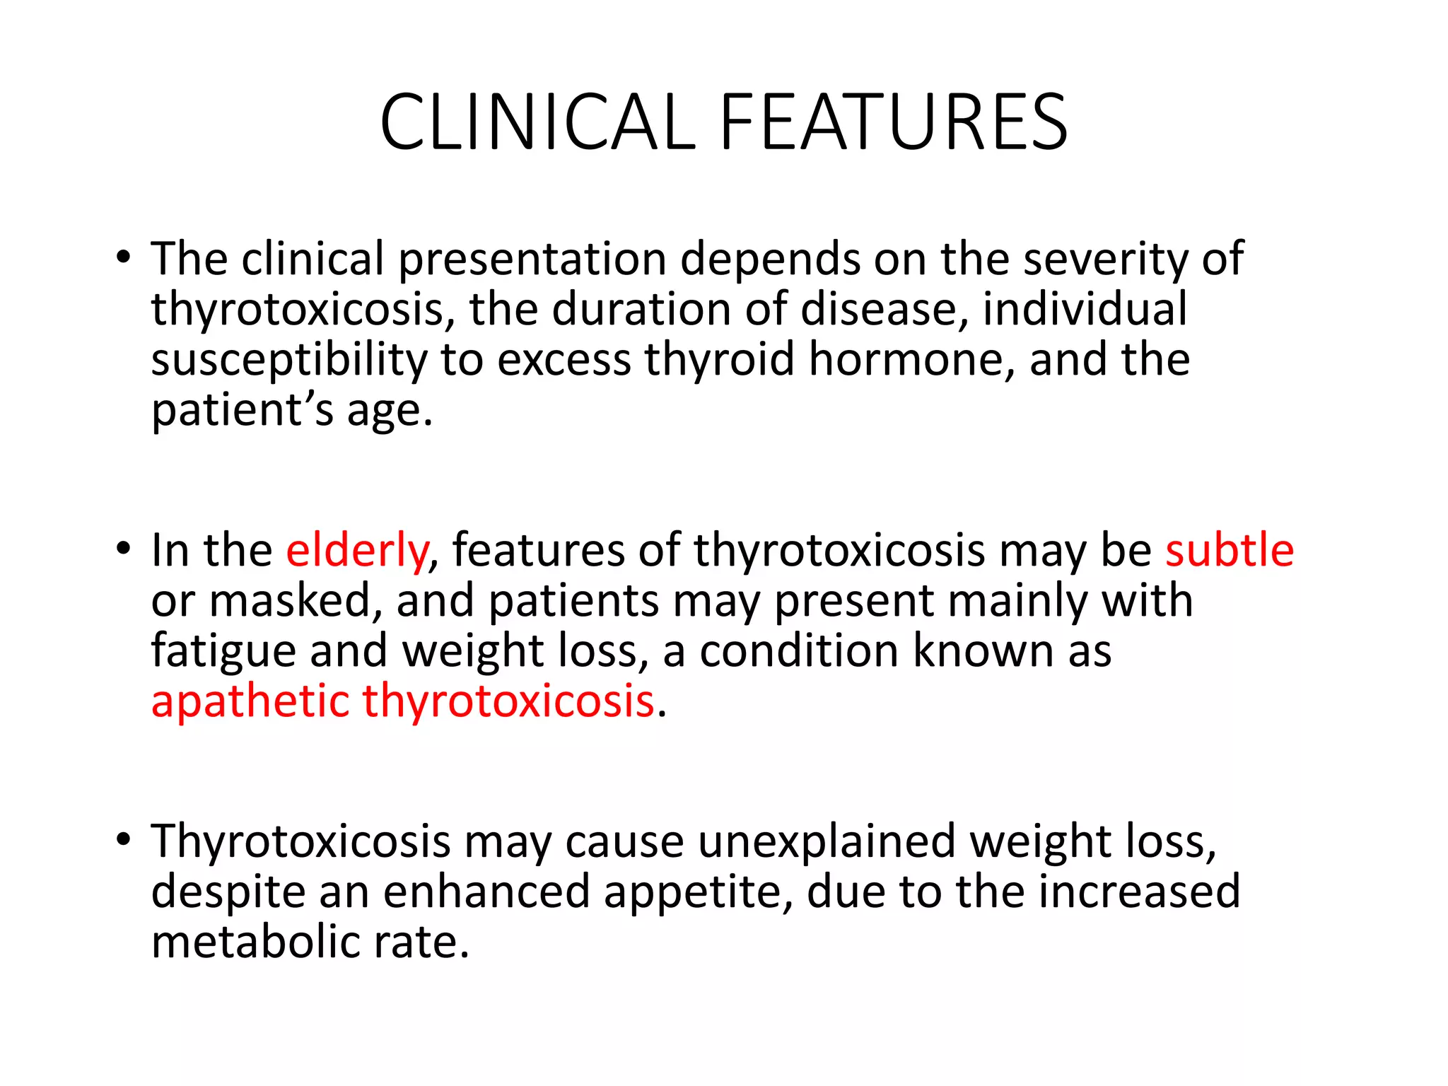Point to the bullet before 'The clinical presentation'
click(x=124, y=257)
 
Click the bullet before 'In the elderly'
click(x=124, y=549)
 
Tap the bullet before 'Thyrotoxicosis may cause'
click(x=124, y=840)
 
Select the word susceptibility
click(x=289, y=361)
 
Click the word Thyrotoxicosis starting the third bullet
click(x=300, y=842)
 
